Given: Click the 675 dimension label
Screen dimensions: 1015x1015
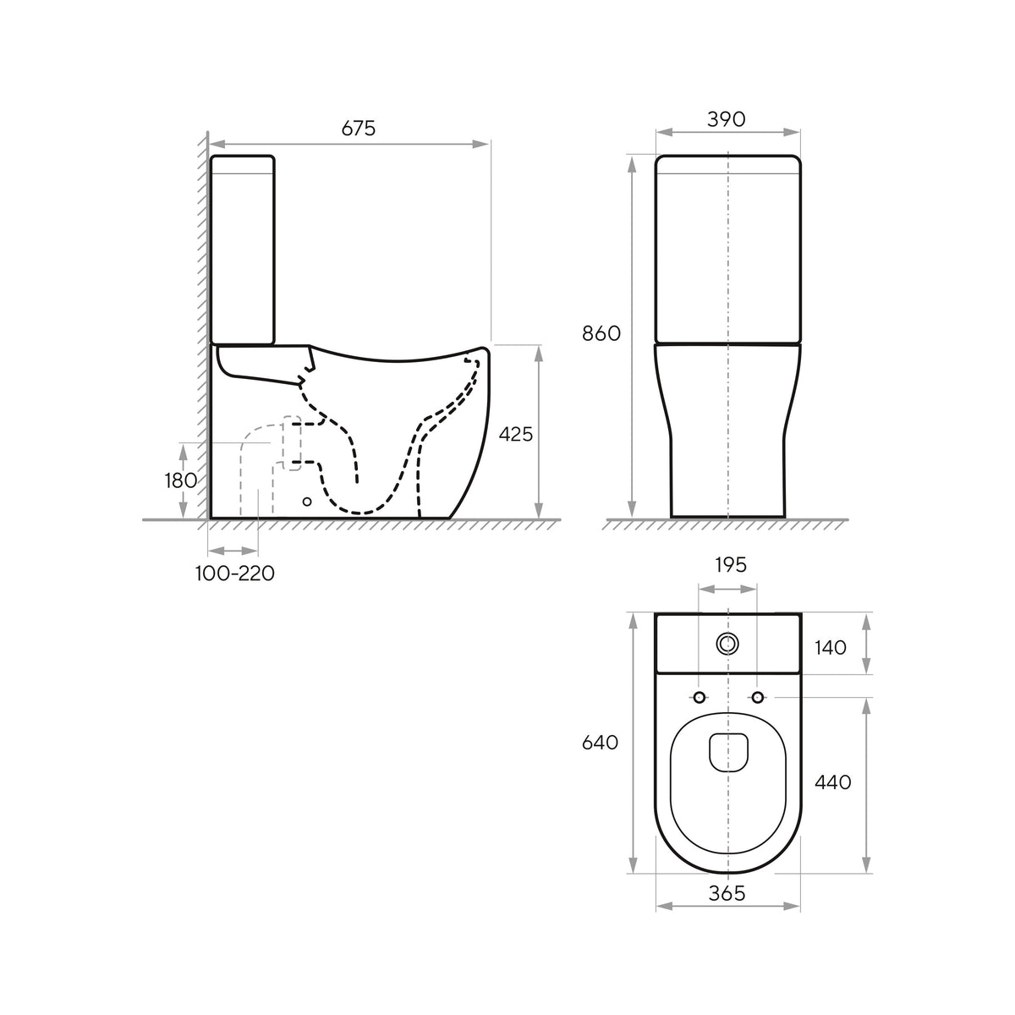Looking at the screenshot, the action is tap(358, 128).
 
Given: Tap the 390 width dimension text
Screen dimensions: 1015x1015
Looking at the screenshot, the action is tap(727, 119).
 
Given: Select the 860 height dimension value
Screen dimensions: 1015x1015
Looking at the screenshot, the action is tap(601, 333).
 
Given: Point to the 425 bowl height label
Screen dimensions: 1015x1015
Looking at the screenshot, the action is tap(516, 434).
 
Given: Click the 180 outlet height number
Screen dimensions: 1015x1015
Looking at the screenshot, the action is tap(181, 480).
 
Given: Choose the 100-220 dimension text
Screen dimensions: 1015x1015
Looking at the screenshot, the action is tap(235, 573).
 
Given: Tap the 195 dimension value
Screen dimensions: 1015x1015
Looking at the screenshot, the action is tap(731, 565).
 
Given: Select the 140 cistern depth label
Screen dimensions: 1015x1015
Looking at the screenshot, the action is tap(831, 648).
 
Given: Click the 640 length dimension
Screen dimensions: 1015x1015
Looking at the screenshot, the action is tap(600, 743).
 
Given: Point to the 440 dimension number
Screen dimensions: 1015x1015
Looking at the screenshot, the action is tap(833, 782).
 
